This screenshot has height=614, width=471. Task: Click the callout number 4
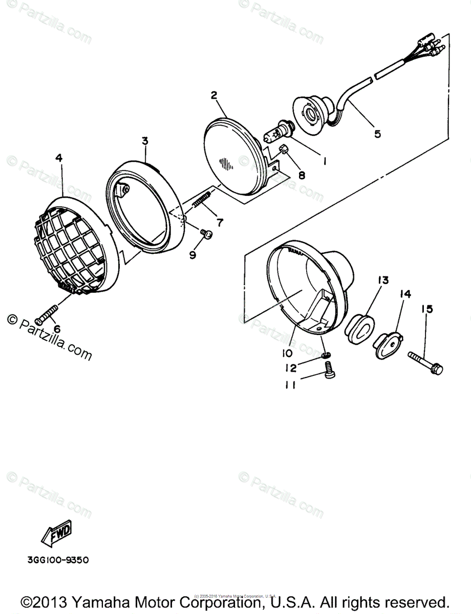click(x=59, y=159)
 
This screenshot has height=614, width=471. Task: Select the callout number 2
click(x=214, y=95)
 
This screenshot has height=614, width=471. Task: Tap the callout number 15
click(x=427, y=309)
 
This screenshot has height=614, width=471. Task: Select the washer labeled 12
click(x=326, y=355)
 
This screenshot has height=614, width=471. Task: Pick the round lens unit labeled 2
click(x=233, y=156)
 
